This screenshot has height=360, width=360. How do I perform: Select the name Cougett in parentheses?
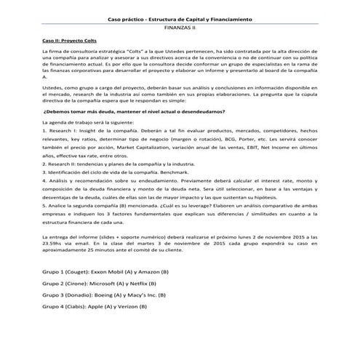[x=78, y=271]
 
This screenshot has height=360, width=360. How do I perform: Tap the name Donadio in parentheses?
[x=79, y=295]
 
